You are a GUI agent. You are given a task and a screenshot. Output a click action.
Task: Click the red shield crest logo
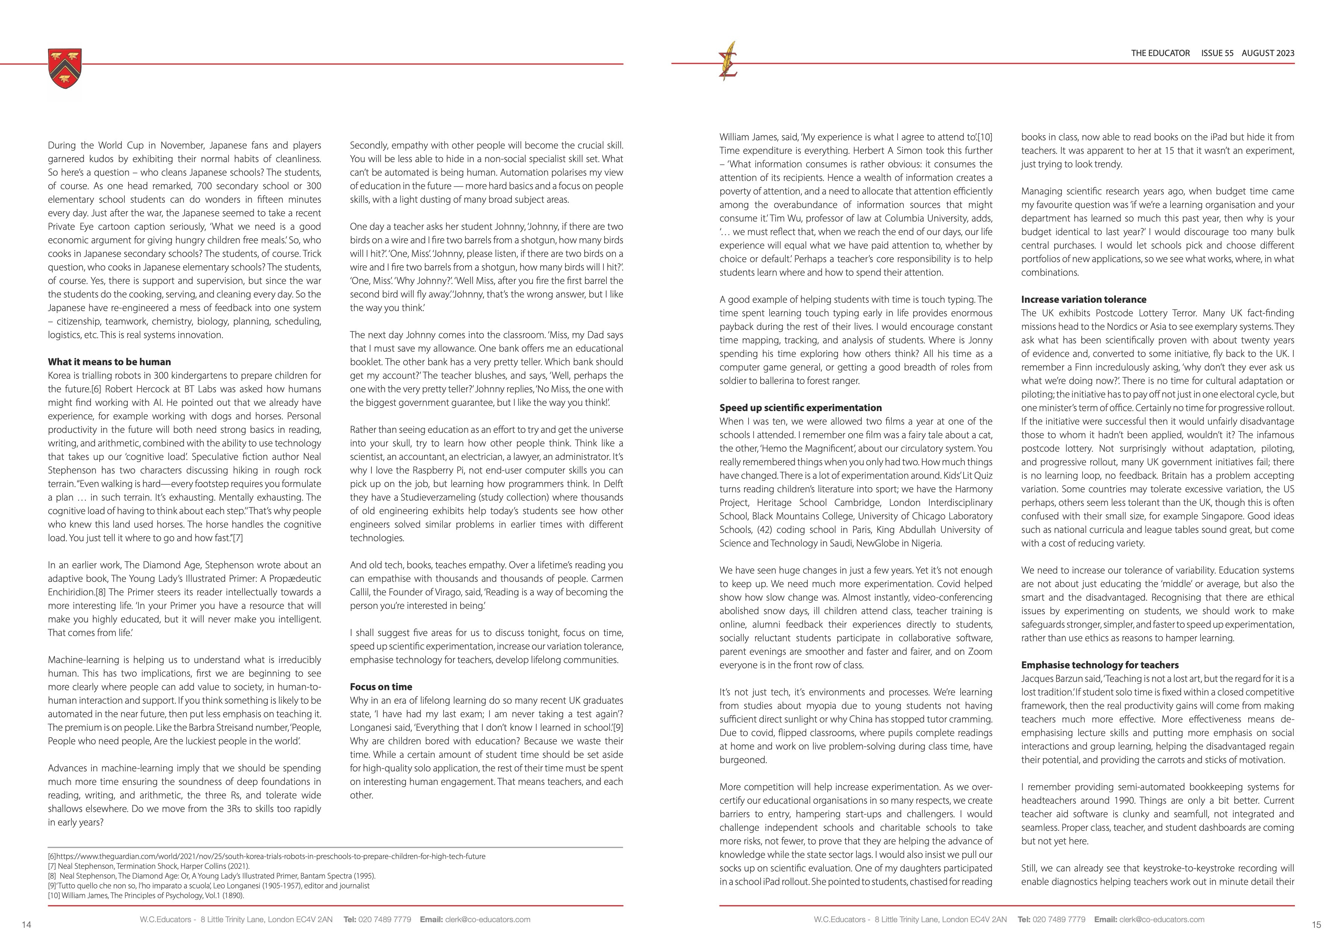[65, 69]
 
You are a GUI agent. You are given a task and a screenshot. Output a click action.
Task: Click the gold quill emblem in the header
[729, 61]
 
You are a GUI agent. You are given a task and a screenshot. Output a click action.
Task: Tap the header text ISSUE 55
[1217, 53]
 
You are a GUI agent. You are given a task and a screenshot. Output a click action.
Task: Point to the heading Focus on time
[381, 687]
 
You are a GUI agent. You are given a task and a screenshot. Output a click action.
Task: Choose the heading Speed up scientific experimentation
[800, 408]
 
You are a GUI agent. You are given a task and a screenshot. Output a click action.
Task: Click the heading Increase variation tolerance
[1083, 299]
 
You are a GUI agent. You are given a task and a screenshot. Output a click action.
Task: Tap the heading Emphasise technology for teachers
[1100, 665]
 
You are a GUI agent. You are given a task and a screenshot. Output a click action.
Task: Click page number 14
[26, 925]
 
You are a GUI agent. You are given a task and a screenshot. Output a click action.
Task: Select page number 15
[1316, 925]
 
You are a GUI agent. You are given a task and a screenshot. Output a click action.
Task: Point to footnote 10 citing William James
[146, 895]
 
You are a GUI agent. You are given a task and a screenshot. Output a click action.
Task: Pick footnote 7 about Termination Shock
[149, 867]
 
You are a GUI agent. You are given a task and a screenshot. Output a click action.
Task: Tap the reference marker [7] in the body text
[238, 538]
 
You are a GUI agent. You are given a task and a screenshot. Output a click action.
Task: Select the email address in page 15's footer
[1162, 920]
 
